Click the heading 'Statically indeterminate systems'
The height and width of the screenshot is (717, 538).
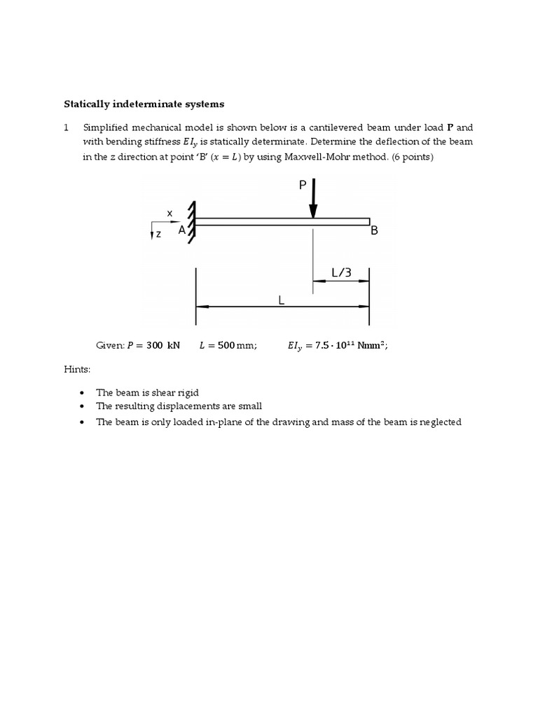[x=144, y=104]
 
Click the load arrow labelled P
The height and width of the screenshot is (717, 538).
[x=313, y=200]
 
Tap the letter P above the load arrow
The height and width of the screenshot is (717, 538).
[x=302, y=184]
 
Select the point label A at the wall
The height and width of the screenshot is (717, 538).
[x=181, y=230]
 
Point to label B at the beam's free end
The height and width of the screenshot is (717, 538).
[x=374, y=230]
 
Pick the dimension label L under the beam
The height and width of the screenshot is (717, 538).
[x=281, y=300]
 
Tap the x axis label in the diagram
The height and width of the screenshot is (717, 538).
[x=170, y=212]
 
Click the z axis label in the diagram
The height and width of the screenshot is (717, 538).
[x=159, y=235]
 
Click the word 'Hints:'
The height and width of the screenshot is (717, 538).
[x=76, y=368]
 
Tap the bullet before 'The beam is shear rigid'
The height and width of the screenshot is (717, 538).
[x=83, y=393]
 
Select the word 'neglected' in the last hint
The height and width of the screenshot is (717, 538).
[x=440, y=422]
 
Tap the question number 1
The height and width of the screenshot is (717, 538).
[x=67, y=127]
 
